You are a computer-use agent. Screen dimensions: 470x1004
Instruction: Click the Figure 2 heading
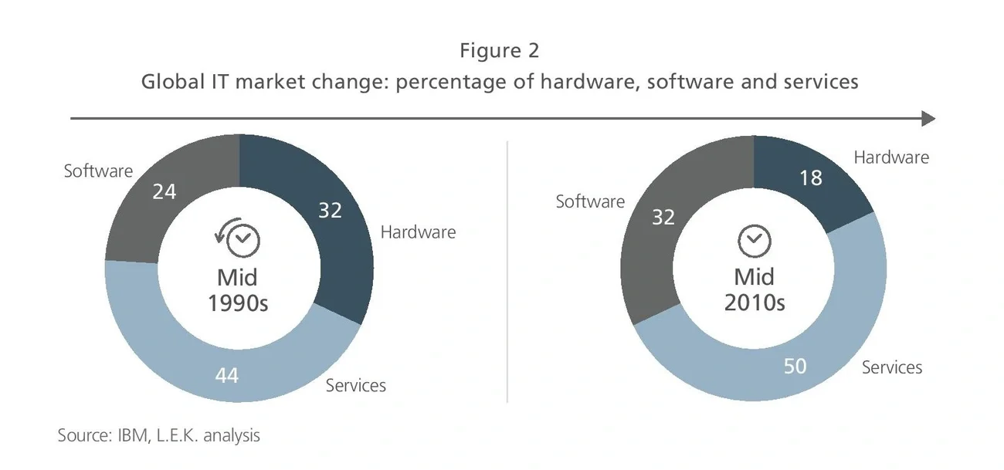(x=499, y=51)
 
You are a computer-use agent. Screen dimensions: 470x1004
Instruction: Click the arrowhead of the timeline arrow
(x=928, y=118)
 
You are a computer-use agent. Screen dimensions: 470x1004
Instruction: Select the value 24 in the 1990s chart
(x=164, y=191)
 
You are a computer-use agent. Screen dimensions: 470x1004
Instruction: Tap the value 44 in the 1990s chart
(x=226, y=375)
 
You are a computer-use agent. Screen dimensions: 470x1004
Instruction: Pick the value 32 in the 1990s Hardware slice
(x=330, y=210)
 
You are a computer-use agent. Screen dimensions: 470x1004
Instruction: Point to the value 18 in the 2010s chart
(x=810, y=178)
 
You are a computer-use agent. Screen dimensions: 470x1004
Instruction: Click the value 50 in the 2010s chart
(x=795, y=365)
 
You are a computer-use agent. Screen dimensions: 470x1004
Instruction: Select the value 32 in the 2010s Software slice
(x=663, y=217)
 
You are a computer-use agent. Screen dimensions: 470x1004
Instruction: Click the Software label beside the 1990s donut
(x=98, y=171)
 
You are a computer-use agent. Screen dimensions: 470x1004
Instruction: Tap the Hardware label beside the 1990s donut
(x=418, y=232)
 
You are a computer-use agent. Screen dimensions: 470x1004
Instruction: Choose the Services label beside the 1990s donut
(x=355, y=385)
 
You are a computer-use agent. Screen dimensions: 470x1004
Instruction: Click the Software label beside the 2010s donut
(x=590, y=201)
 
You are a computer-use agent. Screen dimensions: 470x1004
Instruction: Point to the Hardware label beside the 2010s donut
(x=891, y=157)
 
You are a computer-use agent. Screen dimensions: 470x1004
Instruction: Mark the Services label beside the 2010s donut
(x=892, y=367)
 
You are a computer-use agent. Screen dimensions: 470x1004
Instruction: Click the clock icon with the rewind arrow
(x=239, y=238)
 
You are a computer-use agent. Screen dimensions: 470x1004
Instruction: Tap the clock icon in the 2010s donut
(x=755, y=241)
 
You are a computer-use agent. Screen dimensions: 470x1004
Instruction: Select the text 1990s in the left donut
(x=238, y=303)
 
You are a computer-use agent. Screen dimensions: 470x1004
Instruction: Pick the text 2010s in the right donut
(x=755, y=303)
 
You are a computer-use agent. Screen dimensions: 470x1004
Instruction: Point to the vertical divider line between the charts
(x=507, y=270)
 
